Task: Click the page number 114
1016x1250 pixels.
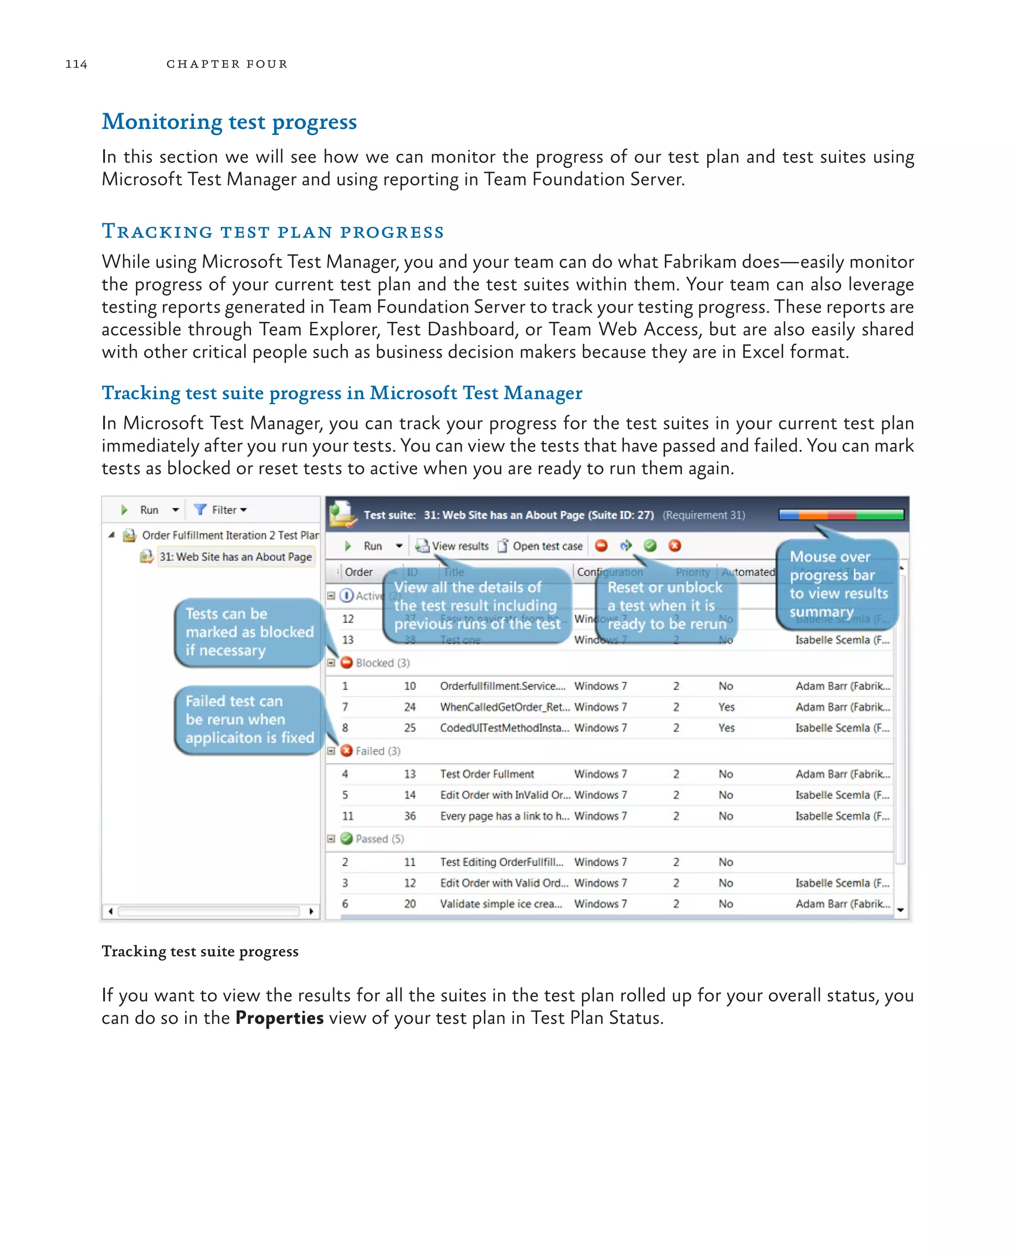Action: click(x=76, y=64)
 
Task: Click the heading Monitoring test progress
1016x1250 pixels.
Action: click(x=229, y=122)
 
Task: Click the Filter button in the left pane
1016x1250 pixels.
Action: click(x=221, y=510)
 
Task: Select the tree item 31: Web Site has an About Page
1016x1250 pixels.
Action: click(x=235, y=557)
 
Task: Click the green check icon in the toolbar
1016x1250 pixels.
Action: click(x=649, y=546)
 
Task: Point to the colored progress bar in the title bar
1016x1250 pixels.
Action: click(x=841, y=515)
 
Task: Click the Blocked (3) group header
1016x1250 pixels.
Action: click(x=375, y=663)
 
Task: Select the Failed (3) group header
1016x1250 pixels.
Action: click(x=371, y=751)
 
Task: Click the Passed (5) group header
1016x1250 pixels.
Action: click(x=373, y=839)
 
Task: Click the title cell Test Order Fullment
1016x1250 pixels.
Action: click(x=487, y=774)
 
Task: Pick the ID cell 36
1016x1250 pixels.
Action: click(x=410, y=816)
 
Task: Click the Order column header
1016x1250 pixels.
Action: click(x=358, y=572)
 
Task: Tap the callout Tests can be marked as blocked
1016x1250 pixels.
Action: click(x=250, y=632)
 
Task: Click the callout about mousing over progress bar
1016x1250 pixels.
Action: click(x=837, y=584)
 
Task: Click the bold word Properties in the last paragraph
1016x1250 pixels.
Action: click(x=279, y=1018)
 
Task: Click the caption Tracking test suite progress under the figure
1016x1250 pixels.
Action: click(x=200, y=951)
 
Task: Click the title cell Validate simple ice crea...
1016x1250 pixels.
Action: click(x=501, y=904)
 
